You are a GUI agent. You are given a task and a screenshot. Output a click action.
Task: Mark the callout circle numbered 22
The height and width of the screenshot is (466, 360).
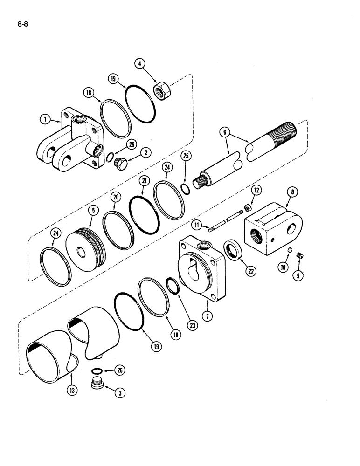point(251,271)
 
